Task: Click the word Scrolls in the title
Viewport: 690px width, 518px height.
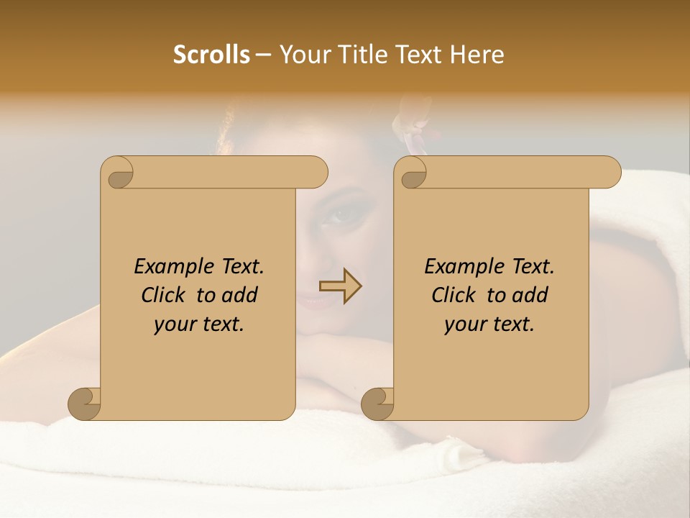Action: (x=212, y=55)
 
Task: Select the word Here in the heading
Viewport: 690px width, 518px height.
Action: (x=477, y=55)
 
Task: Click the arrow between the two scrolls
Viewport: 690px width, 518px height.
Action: (x=341, y=286)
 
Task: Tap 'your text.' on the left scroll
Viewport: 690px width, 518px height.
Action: (x=199, y=324)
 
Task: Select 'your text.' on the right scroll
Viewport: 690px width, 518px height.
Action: (x=489, y=324)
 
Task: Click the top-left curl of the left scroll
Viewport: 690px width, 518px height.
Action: (x=117, y=173)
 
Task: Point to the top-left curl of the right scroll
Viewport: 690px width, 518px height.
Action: (x=411, y=173)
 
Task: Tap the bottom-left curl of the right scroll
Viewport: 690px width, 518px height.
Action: (x=378, y=403)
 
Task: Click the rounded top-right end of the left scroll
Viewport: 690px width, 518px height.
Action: (x=316, y=172)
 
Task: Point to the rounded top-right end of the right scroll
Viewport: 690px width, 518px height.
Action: (x=609, y=172)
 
